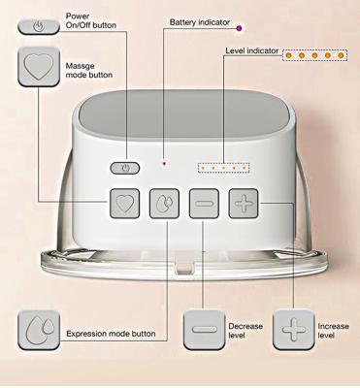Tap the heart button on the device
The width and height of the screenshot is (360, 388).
[125, 204]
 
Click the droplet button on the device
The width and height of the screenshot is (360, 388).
[164, 204]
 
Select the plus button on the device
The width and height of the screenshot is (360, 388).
[244, 204]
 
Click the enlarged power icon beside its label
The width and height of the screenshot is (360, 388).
[39, 26]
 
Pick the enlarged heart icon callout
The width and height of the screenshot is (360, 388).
[39, 67]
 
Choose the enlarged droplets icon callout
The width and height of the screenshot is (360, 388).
[39, 330]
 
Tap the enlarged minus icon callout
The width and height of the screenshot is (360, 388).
[204, 330]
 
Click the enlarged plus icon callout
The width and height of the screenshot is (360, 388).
[293, 330]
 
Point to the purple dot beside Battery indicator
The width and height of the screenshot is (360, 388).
[239, 28]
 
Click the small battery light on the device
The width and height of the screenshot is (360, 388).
[164, 164]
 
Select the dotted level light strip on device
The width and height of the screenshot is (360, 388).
[224, 168]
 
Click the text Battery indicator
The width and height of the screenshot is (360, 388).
[200, 22]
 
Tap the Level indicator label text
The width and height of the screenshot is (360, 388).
[251, 50]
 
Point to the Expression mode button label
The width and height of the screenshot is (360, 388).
[111, 334]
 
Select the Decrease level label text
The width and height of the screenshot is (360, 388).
[245, 331]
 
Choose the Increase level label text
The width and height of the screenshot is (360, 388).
[333, 331]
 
